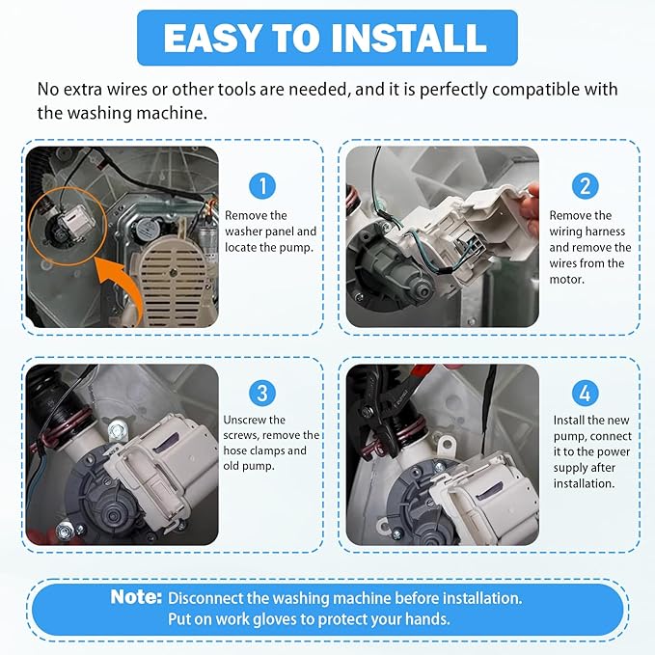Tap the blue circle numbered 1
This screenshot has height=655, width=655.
[x=261, y=186]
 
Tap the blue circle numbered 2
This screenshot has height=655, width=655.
[x=585, y=186]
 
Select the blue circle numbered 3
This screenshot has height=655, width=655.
[x=261, y=392]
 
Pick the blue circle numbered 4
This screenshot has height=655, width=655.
[x=585, y=392]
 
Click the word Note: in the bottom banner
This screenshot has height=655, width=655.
[x=135, y=597]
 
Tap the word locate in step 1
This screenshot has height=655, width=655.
[x=241, y=247]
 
